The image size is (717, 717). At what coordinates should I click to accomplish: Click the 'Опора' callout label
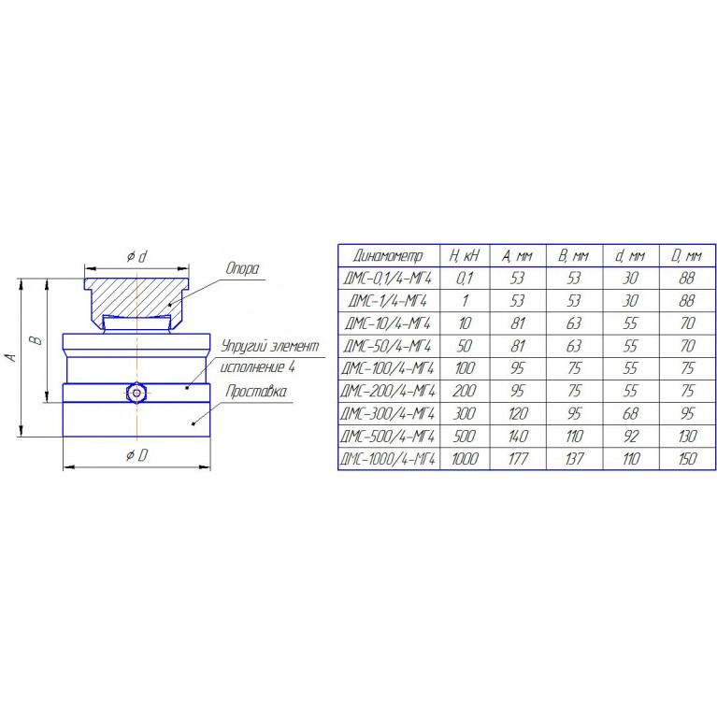tap(242, 269)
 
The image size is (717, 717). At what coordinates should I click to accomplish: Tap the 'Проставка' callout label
tap(256, 392)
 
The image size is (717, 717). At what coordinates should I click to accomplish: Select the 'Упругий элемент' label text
tap(270, 347)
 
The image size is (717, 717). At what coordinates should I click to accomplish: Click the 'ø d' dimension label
tap(136, 256)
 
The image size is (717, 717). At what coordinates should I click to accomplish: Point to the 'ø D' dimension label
tap(136, 455)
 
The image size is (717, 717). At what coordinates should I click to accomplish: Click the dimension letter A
tap(12, 357)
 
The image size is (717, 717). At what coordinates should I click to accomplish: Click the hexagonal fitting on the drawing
tap(136, 393)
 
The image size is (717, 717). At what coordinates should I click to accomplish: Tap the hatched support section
tap(136, 297)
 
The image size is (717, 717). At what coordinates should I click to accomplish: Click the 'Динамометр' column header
tap(388, 256)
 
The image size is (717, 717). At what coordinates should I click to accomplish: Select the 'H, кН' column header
tap(464, 255)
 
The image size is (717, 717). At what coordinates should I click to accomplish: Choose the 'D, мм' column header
tap(687, 256)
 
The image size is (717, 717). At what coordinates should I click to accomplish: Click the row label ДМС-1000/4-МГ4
tap(388, 459)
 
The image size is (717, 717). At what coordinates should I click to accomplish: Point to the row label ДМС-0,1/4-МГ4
tap(388, 278)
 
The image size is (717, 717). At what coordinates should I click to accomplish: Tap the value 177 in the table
tap(518, 459)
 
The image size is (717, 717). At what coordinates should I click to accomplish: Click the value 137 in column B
tap(574, 459)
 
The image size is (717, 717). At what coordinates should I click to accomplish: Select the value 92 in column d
tap(631, 437)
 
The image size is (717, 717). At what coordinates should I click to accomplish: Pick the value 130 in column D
tap(687, 437)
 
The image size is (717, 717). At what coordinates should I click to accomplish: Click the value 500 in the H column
tap(464, 437)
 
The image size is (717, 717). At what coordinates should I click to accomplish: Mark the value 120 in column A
tap(518, 414)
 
